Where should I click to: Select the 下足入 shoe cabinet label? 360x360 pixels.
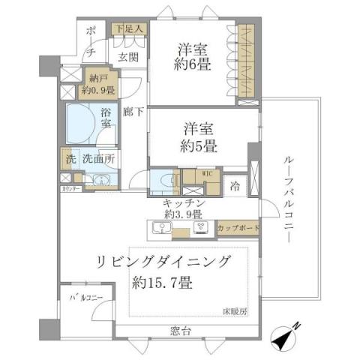click(x=129, y=28)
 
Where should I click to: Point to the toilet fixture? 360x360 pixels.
click(x=164, y=184)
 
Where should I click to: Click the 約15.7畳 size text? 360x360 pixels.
click(x=163, y=283)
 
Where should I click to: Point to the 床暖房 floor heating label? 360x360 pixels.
click(x=234, y=310)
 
